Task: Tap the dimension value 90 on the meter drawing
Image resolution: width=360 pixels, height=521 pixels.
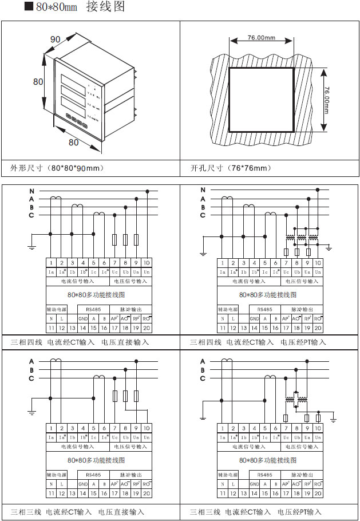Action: click(56, 40)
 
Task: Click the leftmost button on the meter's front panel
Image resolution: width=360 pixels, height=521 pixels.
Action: click(68, 118)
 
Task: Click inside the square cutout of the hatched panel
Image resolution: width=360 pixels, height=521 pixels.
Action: click(261, 100)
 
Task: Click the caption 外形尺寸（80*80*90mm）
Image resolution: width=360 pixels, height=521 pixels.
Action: click(57, 168)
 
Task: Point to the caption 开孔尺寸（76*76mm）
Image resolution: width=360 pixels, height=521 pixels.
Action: click(231, 168)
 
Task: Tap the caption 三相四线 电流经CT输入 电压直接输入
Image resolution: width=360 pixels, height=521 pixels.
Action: click(80, 342)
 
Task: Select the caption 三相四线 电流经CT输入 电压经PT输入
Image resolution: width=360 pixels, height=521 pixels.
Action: click(258, 342)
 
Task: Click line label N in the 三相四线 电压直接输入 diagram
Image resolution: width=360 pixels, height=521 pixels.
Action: click(33, 190)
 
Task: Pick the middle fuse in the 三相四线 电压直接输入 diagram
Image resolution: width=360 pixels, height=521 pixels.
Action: click(125, 239)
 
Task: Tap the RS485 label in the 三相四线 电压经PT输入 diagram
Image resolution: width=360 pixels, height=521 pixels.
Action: click(264, 309)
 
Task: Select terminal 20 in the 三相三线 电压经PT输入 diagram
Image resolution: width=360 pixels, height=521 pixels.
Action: click(318, 493)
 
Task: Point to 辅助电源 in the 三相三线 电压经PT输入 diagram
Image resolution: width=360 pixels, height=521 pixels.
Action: click(227, 475)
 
